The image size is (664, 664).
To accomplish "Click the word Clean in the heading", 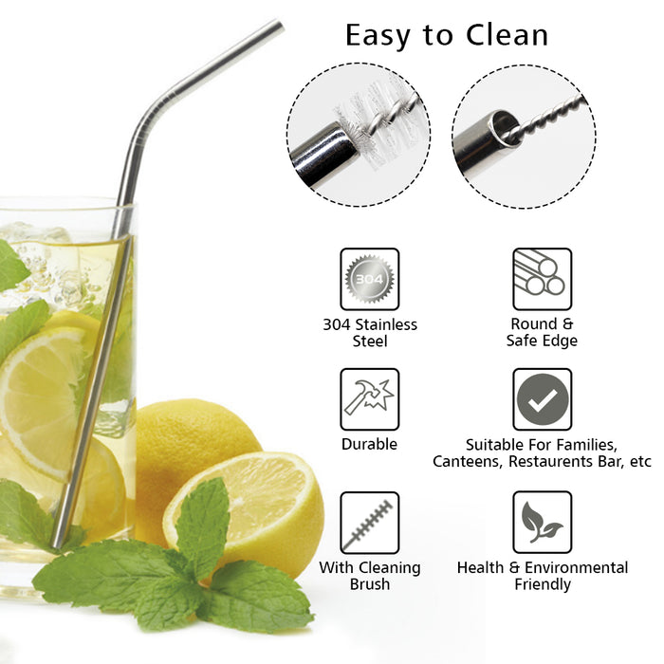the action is tap(507, 35).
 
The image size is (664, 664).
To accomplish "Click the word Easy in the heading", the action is tap(378, 37).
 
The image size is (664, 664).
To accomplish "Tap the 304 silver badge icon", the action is tap(370, 279).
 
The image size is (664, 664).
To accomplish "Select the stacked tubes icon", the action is tap(542, 279).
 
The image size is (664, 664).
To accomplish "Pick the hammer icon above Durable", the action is tap(370, 399).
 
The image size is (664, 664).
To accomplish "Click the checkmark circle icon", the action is tap(542, 399).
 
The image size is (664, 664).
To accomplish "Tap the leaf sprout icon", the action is tap(542, 523).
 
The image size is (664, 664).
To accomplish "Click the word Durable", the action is tap(369, 444).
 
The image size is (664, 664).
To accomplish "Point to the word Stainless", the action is tap(386, 324).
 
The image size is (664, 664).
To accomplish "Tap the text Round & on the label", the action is tap(542, 324).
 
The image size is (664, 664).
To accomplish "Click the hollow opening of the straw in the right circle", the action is tap(505, 127).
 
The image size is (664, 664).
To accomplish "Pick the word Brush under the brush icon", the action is tap(370, 584).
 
